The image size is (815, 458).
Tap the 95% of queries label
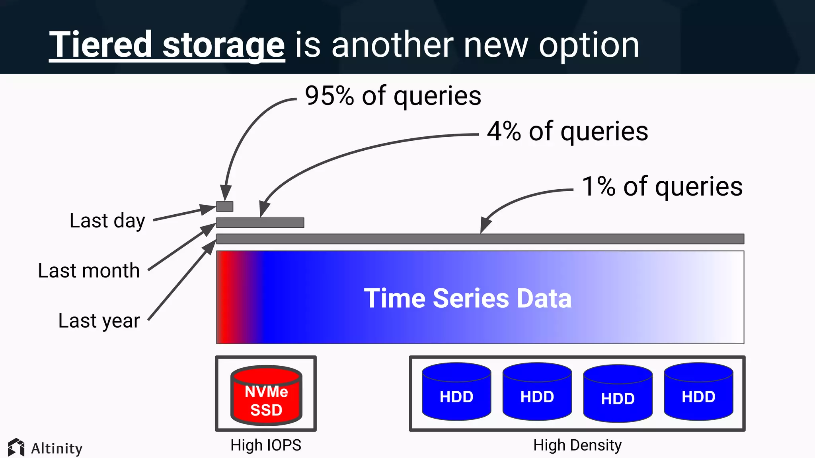pos(393,96)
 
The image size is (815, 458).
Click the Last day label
pos(107,221)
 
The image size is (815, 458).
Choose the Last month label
pos(89,271)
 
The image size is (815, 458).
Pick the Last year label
pos(99,320)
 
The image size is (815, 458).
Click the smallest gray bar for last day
pos(224,206)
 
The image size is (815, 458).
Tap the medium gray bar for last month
pos(260,223)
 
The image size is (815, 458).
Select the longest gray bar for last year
pos(480,239)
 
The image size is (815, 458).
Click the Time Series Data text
pos(468,298)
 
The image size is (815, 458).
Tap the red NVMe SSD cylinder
pos(266,396)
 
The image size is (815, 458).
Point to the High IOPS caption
pos(266,445)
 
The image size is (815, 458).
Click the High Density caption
pos(577,445)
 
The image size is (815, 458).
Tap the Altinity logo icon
pos(16,448)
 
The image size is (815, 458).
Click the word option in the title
pos(589,46)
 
